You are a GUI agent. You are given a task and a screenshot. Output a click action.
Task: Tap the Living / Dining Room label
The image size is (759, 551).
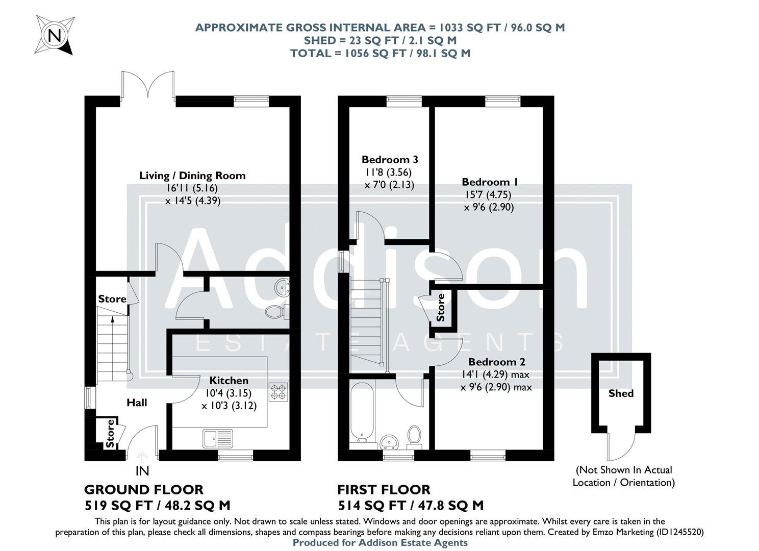[192, 176]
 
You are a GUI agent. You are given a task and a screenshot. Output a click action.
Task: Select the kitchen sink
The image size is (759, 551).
[218, 438]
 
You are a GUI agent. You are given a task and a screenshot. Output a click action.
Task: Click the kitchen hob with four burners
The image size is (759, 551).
[278, 391]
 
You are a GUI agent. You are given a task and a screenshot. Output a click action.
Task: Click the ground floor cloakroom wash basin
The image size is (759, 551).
[281, 287]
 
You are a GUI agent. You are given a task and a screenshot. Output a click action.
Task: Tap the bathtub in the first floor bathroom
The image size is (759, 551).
[362, 412]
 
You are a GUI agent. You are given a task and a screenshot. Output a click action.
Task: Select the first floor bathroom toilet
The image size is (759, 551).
[414, 437]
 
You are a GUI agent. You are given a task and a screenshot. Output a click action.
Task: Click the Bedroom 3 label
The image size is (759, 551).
[390, 159]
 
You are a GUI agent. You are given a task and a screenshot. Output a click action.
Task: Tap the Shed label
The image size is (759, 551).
[621, 393]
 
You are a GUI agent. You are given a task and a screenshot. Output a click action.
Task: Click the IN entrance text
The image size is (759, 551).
[142, 470]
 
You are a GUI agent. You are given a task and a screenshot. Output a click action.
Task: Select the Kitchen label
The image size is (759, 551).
[229, 380]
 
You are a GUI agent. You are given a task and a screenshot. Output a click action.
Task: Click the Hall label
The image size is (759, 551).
[137, 403]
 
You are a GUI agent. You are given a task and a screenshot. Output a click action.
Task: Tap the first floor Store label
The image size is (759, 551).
[441, 307]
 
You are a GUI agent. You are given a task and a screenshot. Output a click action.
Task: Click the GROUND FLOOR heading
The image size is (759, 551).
[143, 490]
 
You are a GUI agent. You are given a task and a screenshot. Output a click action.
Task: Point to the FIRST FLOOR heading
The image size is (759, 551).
[384, 490]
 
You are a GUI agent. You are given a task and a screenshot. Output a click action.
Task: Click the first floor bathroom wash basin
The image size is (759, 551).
[391, 440]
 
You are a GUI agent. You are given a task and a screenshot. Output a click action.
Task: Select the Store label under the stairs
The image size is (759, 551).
[112, 299]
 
